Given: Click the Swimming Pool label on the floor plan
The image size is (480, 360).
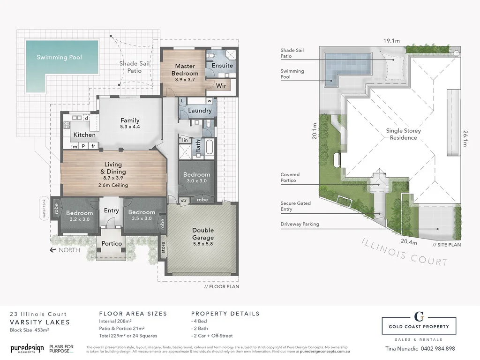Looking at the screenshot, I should tap(60, 57).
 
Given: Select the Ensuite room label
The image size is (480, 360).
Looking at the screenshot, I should tap(222, 66).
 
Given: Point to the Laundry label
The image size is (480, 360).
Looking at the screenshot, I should tap(200, 111).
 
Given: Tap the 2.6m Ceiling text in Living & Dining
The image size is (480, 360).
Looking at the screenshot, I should tap(113, 185).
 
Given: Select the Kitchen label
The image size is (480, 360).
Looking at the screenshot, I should tap(84, 135).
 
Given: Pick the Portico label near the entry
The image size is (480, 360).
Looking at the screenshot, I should tap(112, 243).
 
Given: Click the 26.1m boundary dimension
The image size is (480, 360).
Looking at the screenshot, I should tap(465, 138).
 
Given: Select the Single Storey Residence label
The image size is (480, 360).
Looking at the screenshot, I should tap(403, 135).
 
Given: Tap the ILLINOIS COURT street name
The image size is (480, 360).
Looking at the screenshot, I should tap(404, 252).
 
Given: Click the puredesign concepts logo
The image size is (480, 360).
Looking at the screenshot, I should tap(27, 348).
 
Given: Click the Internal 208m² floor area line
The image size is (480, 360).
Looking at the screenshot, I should tap(121, 322).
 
